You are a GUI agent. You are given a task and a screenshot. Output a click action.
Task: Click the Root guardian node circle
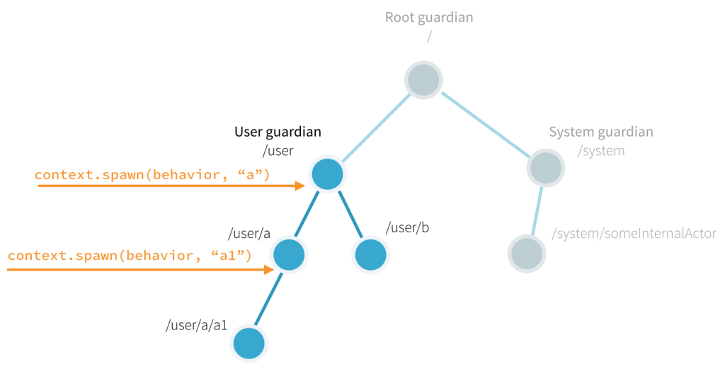(x=424, y=79)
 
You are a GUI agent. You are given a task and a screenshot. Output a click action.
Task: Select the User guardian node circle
(x=327, y=174)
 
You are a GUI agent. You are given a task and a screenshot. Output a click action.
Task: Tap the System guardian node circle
(x=545, y=168)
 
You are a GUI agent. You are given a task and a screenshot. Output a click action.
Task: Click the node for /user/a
(x=289, y=254)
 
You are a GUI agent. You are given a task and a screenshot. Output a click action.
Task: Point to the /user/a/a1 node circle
(x=249, y=344)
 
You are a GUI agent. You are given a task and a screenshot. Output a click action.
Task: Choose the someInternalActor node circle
(x=527, y=254)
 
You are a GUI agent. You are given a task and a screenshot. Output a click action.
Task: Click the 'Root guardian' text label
(x=428, y=17)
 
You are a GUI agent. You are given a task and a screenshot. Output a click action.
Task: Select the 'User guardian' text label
(x=278, y=132)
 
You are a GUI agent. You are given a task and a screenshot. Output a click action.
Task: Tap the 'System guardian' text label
(x=601, y=132)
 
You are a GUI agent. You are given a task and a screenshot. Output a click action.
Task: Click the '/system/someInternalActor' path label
(x=634, y=234)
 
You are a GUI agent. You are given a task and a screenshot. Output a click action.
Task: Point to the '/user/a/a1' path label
(x=196, y=325)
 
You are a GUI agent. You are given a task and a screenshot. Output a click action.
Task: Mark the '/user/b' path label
(x=407, y=228)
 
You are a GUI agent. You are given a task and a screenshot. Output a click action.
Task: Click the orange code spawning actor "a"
(x=152, y=174)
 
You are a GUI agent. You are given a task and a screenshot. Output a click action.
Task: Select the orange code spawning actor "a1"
(x=130, y=255)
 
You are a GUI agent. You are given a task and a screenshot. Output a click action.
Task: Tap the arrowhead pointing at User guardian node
(x=301, y=186)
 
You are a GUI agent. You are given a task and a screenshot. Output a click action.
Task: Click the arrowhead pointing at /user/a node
(x=268, y=269)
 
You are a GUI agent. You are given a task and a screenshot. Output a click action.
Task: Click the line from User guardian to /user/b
(x=349, y=215)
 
